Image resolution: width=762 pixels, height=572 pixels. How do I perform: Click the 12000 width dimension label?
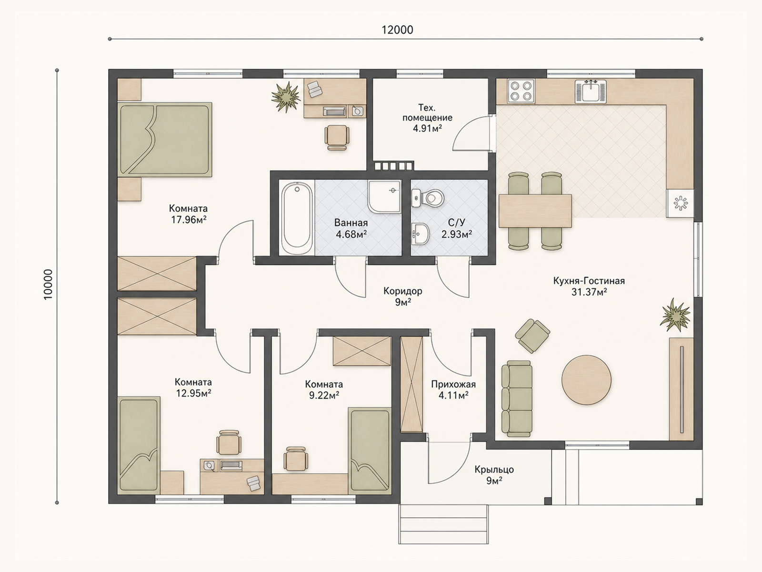pyautogui.click(x=398, y=30)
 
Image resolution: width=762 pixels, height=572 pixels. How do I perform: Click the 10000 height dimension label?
pyautogui.click(x=48, y=285)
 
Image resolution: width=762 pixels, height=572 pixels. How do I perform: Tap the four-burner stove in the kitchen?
pyautogui.click(x=521, y=91)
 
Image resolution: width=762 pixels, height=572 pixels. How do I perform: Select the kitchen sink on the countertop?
pyautogui.click(x=591, y=92)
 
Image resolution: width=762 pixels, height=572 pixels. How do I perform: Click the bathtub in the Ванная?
pyautogui.click(x=297, y=218)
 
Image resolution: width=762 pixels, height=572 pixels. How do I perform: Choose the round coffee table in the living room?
pyautogui.click(x=586, y=380)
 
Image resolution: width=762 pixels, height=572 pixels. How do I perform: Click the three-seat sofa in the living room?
pyautogui.click(x=517, y=398)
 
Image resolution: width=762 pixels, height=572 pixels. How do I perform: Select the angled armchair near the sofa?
pyautogui.click(x=532, y=336)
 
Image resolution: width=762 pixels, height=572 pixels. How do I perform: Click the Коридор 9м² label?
pyautogui.click(x=403, y=296)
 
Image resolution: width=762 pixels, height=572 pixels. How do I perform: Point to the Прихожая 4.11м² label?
pyautogui.click(x=453, y=389)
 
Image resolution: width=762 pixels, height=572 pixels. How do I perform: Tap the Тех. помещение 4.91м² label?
pyautogui.click(x=427, y=118)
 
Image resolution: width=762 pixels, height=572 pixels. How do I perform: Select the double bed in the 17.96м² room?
pyautogui.click(x=165, y=140)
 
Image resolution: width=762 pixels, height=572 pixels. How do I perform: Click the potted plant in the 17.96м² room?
pyautogui.click(x=286, y=97)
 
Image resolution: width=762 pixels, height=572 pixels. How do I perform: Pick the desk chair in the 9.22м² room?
pyautogui.click(x=296, y=458)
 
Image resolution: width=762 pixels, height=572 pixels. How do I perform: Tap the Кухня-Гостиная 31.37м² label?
pyautogui.click(x=589, y=286)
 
